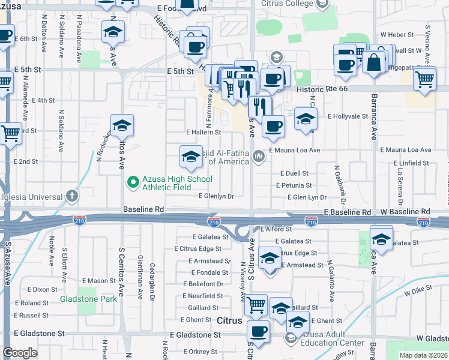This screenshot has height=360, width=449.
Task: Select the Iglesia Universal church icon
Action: [x=72, y=196]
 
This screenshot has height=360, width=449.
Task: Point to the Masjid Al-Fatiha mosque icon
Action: [x=259, y=156]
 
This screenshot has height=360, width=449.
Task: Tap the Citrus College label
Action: [x=288, y=4]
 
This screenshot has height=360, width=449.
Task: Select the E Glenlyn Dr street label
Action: [x=216, y=196]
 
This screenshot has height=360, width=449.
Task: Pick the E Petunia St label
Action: [x=294, y=186]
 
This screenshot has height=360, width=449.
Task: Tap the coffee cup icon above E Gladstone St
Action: [x=258, y=331]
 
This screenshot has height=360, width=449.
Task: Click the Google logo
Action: [x=20, y=353]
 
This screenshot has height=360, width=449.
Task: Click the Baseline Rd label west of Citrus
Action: [x=143, y=209]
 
